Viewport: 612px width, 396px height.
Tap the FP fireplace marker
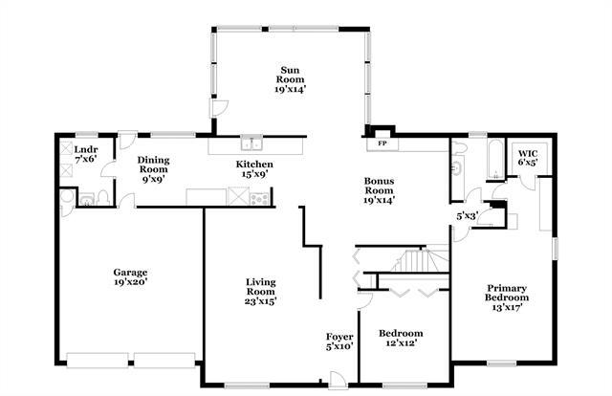pos(381,144)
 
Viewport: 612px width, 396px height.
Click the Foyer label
pos(339,338)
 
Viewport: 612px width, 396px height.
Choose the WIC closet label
pos(528,153)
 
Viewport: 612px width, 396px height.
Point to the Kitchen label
pos(254,165)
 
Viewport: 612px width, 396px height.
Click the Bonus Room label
pos(379,186)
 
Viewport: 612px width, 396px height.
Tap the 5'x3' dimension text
pos(467,216)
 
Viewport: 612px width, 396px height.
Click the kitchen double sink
pos(251,144)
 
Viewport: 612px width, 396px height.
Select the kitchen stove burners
pos(259,196)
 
